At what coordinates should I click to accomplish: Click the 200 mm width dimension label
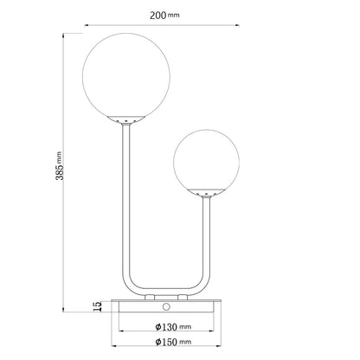tap(164, 15)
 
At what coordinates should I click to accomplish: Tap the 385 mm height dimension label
tap(59, 166)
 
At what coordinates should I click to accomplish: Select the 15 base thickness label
tap(98, 306)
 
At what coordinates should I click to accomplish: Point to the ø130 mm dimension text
tap(173, 327)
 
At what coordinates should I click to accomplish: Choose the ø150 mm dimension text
tap(173, 342)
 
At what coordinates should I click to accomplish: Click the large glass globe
tap(126, 75)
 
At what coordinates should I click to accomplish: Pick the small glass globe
tap(206, 162)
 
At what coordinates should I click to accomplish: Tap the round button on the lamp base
tap(166, 306)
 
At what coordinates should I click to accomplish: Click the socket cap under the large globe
tap(125, 119)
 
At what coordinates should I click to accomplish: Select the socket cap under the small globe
tap(206, 192)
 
